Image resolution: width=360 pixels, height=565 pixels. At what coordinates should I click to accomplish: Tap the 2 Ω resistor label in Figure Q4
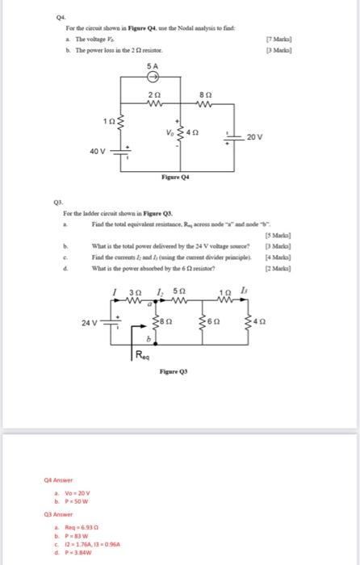pos(155,94)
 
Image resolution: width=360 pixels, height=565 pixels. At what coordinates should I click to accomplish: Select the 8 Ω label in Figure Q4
pos(206,94)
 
